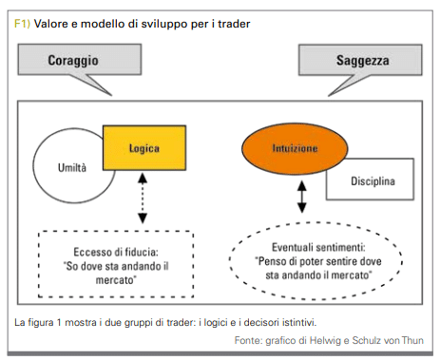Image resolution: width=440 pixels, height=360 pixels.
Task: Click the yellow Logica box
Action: [144, 148]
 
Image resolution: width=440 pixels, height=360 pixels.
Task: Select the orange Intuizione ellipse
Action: [295, 148]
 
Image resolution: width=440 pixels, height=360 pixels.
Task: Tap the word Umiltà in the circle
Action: [72, 167]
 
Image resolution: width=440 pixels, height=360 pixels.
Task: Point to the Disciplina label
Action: [373, 181]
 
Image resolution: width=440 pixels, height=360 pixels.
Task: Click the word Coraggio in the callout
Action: [73, 60]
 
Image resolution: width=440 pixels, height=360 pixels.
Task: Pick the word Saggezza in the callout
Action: [363, 60]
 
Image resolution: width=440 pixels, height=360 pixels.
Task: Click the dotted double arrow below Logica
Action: [143, 199]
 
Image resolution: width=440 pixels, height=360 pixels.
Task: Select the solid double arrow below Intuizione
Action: [302, 197]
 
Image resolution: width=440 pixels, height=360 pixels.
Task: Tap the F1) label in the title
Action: [22, 24]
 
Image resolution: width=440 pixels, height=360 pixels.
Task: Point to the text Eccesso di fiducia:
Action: [116, 252]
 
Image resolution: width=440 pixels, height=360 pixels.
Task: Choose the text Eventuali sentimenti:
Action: [318, 247]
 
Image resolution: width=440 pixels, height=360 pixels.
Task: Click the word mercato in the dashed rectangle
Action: [115, 280]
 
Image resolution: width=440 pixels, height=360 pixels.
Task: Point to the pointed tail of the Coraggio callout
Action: [111, 95]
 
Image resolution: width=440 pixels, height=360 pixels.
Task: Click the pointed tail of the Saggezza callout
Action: [330, 95]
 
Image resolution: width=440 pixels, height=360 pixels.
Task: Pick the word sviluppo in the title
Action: [164, 24]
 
